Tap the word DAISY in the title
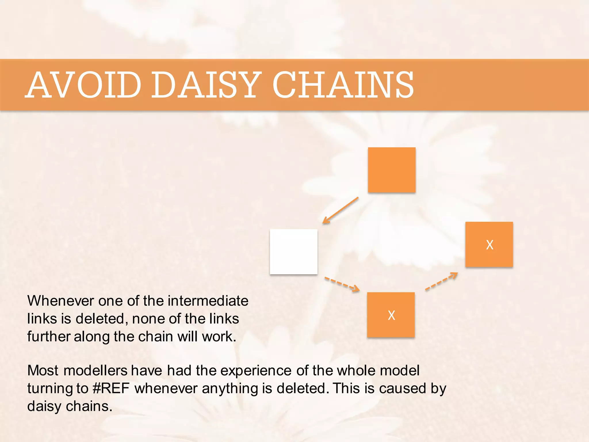[206, 85]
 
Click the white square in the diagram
[293, 252]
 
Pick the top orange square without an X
[391, 170]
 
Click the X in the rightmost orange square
[489, 245]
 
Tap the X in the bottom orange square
[391, 315]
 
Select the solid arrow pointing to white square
[341, 210]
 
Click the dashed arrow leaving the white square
[342, 284]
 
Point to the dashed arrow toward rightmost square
[441, 281]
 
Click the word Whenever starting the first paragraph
[60, 301]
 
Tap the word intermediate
[208, 301]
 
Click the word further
[48, 337]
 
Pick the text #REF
[111, 388]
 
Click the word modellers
[95, 371]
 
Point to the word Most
[43, 371]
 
